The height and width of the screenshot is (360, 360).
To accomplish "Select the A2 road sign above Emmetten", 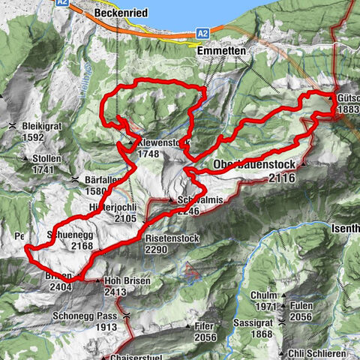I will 202,33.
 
